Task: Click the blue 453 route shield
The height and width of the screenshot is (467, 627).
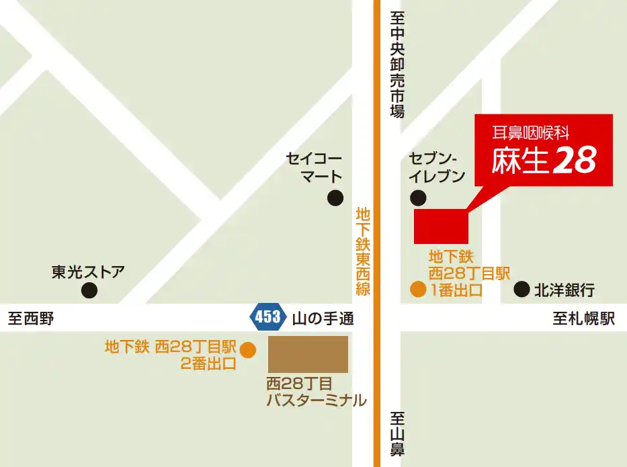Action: point(267,316)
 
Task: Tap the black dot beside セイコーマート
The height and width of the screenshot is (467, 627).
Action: point(334,198)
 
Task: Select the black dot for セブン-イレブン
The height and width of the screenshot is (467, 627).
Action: point(418,198)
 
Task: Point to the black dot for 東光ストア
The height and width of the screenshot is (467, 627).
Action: point(89,290)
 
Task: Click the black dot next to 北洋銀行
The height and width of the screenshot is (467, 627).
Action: point(521,290)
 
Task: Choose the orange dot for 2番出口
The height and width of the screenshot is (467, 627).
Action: point(248,349)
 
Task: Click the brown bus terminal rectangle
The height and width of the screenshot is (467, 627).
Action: point(308,354)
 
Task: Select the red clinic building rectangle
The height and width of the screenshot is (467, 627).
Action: point(441,226)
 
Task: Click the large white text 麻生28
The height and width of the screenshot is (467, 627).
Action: point(544,160)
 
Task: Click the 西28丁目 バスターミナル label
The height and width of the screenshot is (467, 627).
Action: point(316,392)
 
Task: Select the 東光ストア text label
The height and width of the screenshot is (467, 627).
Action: point(88,272)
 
